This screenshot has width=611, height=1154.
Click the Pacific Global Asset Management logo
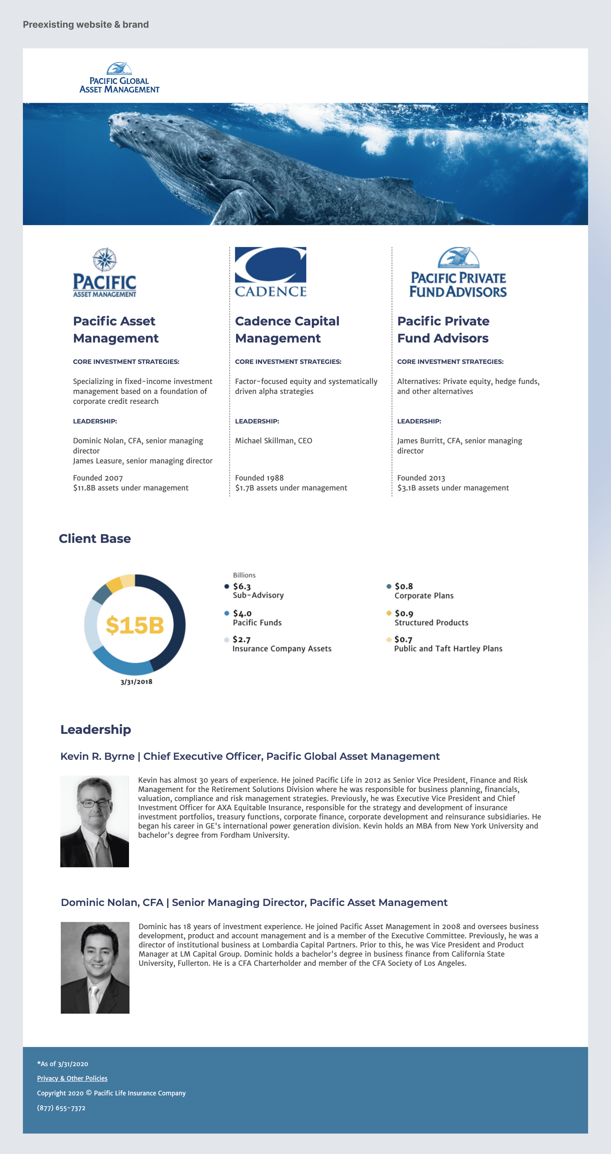pos(119,78)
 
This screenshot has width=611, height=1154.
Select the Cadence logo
pos(270,272)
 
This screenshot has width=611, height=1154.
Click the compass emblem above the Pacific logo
pos(105,259)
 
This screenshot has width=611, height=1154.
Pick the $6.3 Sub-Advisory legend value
pos(242,586)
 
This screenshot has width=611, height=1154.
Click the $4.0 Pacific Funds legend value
pos(242,613)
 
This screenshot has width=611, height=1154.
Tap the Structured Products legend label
pos(431,623)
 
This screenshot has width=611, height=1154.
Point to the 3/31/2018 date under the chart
pos(136,682)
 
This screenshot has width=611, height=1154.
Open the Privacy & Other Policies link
pos(72,1078)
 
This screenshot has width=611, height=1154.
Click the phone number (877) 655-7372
pos(61,1108)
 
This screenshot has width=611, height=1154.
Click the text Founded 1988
pos(259,478)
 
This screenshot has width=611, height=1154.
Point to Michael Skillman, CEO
pos(273,441)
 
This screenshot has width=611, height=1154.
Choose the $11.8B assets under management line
pos(131,488)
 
